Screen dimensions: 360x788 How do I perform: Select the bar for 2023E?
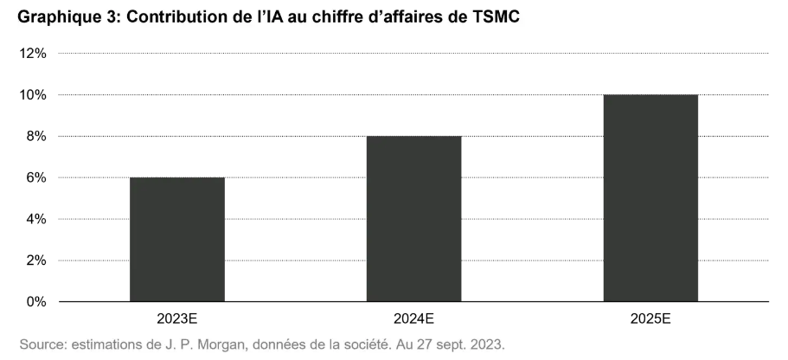pyautogui.click(x=177, y=240)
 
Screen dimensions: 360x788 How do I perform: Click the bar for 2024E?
pyautogui.click(x=413, y=219)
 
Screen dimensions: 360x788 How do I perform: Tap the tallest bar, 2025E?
pyautogui.click(x=650, y=198)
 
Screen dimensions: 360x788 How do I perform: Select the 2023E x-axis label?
pyautogui.click(x=177, y=319)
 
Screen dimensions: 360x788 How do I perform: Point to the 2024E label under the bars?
pyautogui.click(x=413, y=319)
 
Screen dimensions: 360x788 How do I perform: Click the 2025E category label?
pyautogui.click(x=650, y=319)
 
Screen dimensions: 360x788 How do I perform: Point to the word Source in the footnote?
pyautogui.click(x=40, y=344)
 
